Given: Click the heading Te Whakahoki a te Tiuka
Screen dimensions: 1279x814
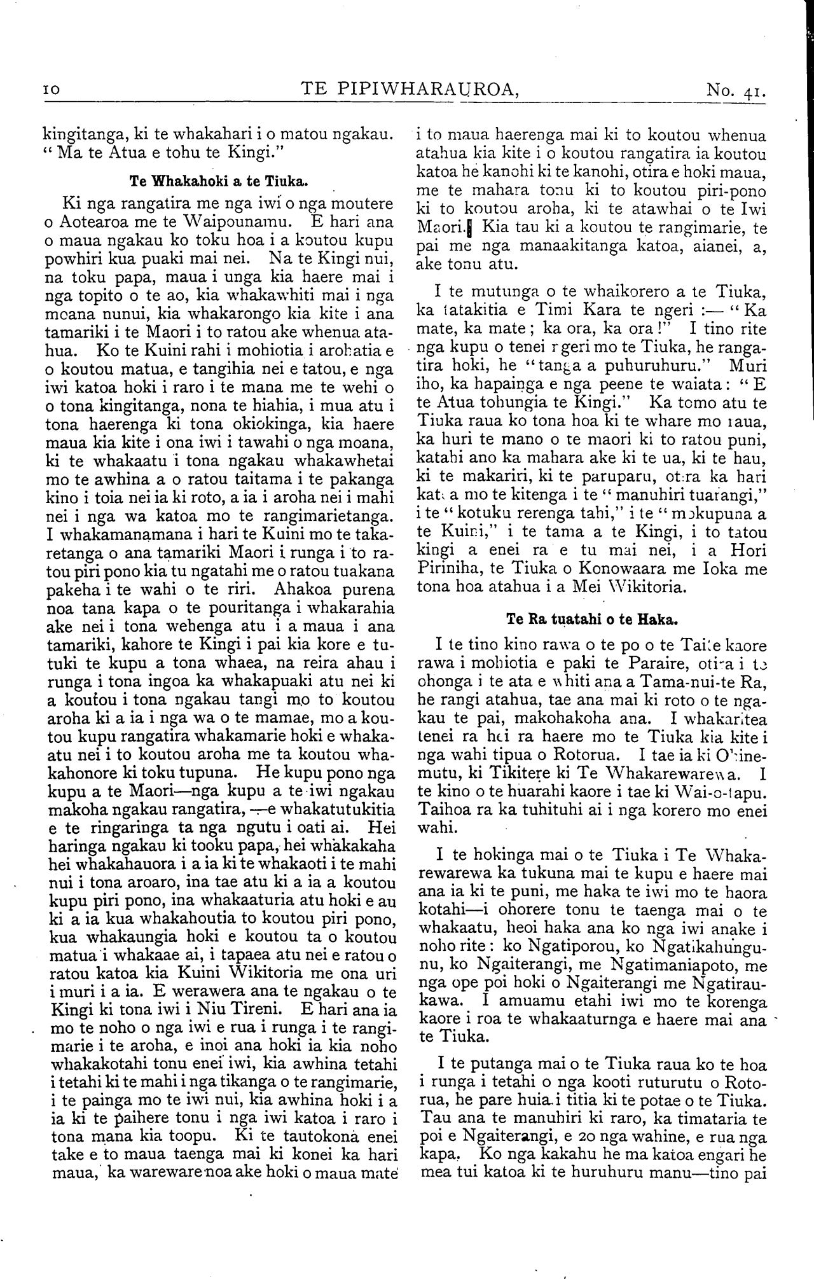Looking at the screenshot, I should pos(219,181).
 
